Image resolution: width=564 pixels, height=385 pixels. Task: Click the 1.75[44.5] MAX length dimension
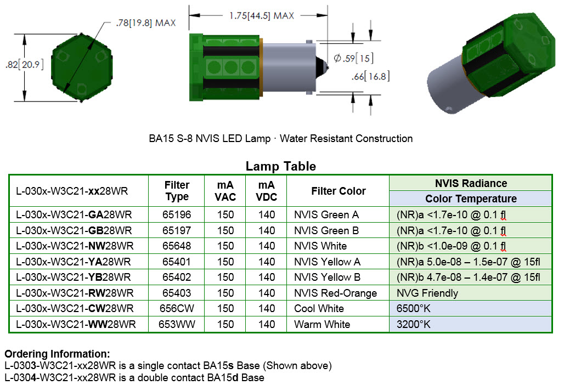click(262, 16)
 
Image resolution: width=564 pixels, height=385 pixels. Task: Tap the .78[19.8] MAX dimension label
click(145, 23)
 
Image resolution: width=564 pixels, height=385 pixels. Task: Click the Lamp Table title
click(280, 166)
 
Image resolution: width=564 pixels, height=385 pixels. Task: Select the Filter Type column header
click(177, 191)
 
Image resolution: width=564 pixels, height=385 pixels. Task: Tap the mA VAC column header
click(225, 191)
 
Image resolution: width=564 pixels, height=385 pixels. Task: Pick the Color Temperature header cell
click(470, 199)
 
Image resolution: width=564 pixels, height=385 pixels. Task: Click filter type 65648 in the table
click(177, 246)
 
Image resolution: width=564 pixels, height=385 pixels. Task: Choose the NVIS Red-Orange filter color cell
click(335, 293)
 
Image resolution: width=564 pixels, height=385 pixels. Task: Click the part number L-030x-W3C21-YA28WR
click(74, 262)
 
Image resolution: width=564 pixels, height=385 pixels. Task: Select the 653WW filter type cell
click(177, 325)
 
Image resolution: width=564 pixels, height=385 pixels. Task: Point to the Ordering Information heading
click(57, 354)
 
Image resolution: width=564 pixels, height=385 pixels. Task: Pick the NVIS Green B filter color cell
click(326, 230)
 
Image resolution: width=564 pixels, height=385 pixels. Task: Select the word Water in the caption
click(293, 139)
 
